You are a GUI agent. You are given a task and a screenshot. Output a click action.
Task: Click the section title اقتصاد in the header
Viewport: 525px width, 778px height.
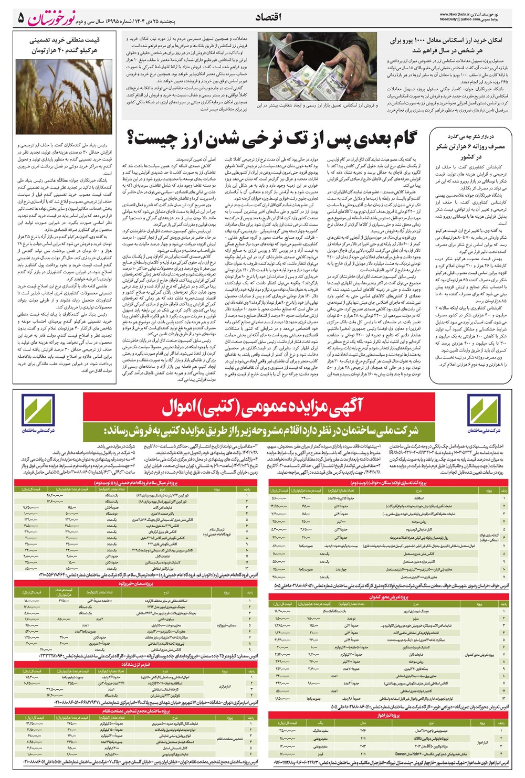[268, 17]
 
